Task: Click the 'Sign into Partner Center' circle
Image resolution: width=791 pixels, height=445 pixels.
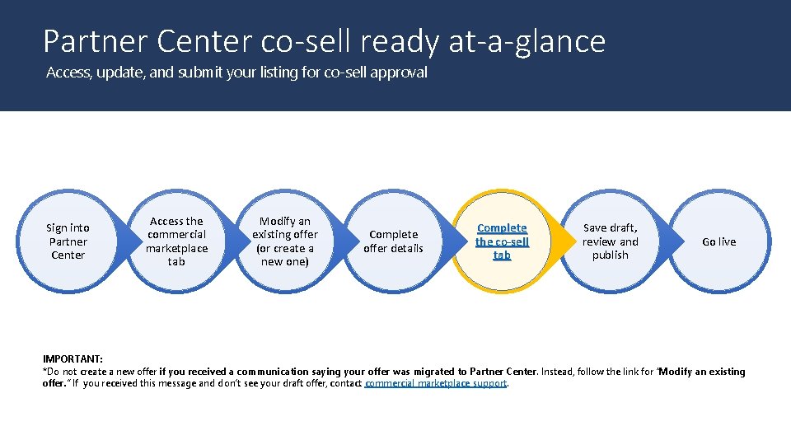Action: click(x=68, y=241)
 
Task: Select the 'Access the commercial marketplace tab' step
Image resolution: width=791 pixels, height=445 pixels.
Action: click(x=176, y=241)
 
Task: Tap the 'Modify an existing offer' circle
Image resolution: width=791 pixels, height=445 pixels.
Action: click(x=285, y=241)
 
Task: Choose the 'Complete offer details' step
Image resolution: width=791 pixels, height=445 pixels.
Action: click(x=393, y=241)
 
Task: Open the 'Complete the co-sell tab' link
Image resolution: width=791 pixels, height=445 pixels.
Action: click(x=502, y=241)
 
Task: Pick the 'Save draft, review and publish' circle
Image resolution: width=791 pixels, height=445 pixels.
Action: click(x=610, y=241)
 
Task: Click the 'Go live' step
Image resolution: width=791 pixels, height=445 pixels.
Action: click(x=718, y=241)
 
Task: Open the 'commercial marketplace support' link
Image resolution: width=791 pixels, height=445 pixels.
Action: click(x=436, y=383)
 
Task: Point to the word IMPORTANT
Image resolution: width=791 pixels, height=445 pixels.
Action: click(x=73, y=358)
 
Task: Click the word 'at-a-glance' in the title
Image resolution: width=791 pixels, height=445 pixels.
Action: click(x=527, y=41)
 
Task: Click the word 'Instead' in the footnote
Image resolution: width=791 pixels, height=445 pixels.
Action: click(x=558, y=372)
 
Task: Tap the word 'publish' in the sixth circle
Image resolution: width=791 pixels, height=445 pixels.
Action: click(x=610, y=255)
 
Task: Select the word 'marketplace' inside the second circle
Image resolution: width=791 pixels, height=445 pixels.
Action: click(x=176, y=248)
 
